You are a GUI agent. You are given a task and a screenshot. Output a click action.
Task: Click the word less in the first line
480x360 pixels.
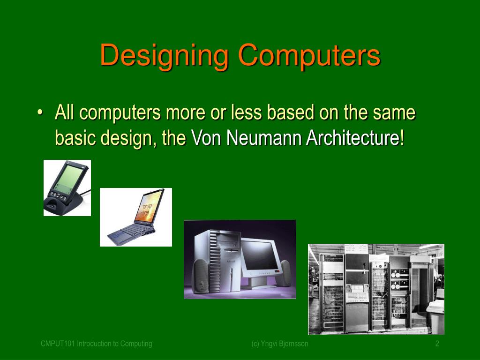click(249, 113)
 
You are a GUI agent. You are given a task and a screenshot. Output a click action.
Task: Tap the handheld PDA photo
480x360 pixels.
click(67, 188)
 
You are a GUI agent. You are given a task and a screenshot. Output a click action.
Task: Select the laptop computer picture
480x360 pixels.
click(136, 217)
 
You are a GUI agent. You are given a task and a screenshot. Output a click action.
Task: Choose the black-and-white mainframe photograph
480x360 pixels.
click(376, 289)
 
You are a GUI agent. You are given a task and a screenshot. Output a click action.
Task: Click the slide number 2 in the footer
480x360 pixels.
click(437, 344)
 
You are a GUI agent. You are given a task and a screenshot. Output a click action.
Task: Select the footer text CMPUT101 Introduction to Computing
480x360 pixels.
click(97, 344)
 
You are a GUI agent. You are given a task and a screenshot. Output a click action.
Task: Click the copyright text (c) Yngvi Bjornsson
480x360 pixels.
click(279, 344)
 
